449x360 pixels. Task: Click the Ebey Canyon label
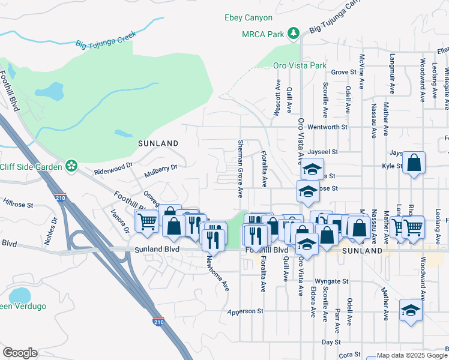coord(248,18)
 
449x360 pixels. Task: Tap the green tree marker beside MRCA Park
coord(294,34)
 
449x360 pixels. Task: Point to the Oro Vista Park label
coord(300,65)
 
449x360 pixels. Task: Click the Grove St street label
coord(343,72)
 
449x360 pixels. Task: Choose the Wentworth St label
coord(327,127)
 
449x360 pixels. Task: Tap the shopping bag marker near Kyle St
coord(414,163)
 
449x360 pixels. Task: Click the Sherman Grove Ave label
coord(240,168)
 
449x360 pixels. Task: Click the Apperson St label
coord(246,311)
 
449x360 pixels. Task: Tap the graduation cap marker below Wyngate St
coord(411,310)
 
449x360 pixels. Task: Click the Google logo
coord(20,353)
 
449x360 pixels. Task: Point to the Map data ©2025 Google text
coord(408,355)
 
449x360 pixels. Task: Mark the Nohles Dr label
coord(53,230)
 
